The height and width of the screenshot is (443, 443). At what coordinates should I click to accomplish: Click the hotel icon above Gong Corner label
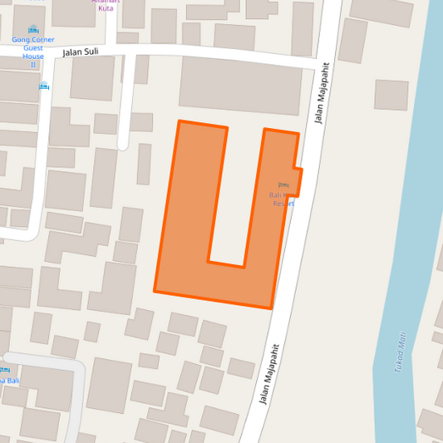[33, 30]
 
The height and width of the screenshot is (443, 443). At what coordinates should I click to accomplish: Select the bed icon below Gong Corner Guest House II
[43, 86]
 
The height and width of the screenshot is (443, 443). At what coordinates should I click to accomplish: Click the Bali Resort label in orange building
[282, 199]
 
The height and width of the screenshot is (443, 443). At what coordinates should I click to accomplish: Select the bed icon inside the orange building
[283, 185]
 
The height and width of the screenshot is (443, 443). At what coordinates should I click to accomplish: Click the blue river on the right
[407, 208]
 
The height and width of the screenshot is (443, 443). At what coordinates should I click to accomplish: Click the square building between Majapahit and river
[391, 95]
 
